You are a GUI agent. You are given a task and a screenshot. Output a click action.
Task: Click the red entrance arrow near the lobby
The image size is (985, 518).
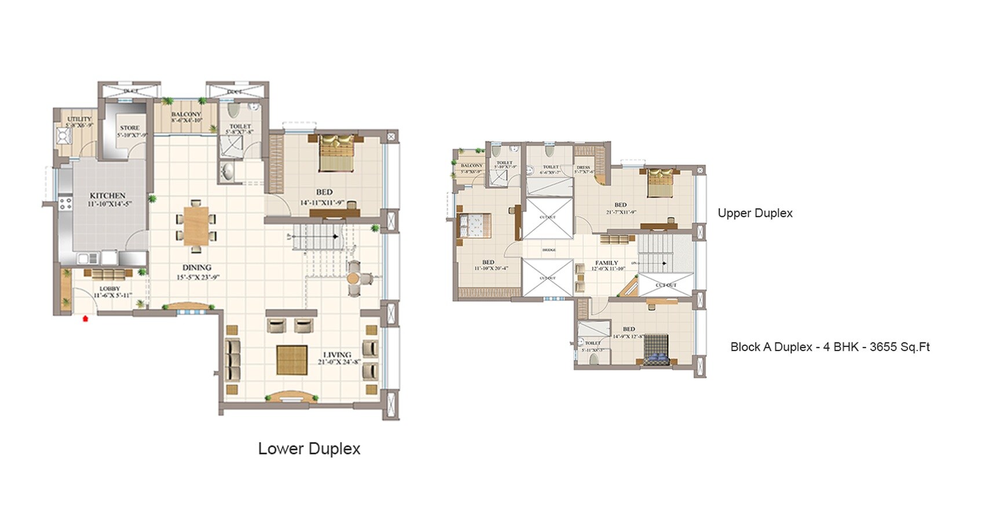coord(86,318)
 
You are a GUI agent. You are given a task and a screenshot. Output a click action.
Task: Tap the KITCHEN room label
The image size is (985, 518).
coord(108,196)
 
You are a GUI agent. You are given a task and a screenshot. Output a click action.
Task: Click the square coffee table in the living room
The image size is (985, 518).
coord(292,360)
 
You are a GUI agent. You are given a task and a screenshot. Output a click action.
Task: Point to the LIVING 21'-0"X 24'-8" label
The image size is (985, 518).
coord(338,358)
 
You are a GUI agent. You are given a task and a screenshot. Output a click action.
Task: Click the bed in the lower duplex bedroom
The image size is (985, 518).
coord(336,152)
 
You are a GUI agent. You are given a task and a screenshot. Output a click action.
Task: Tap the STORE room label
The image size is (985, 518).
coord(130,128)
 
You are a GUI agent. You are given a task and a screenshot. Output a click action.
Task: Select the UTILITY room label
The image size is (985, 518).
coord(79,119)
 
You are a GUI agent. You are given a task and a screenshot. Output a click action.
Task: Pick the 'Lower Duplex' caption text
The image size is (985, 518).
coord(309,449)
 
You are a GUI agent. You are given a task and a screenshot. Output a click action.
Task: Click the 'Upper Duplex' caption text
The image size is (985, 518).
coord(755,213)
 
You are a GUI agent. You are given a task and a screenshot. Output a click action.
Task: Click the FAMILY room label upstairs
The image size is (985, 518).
coord(606,263)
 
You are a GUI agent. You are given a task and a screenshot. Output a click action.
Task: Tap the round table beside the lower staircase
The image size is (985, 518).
coord(354,279)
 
